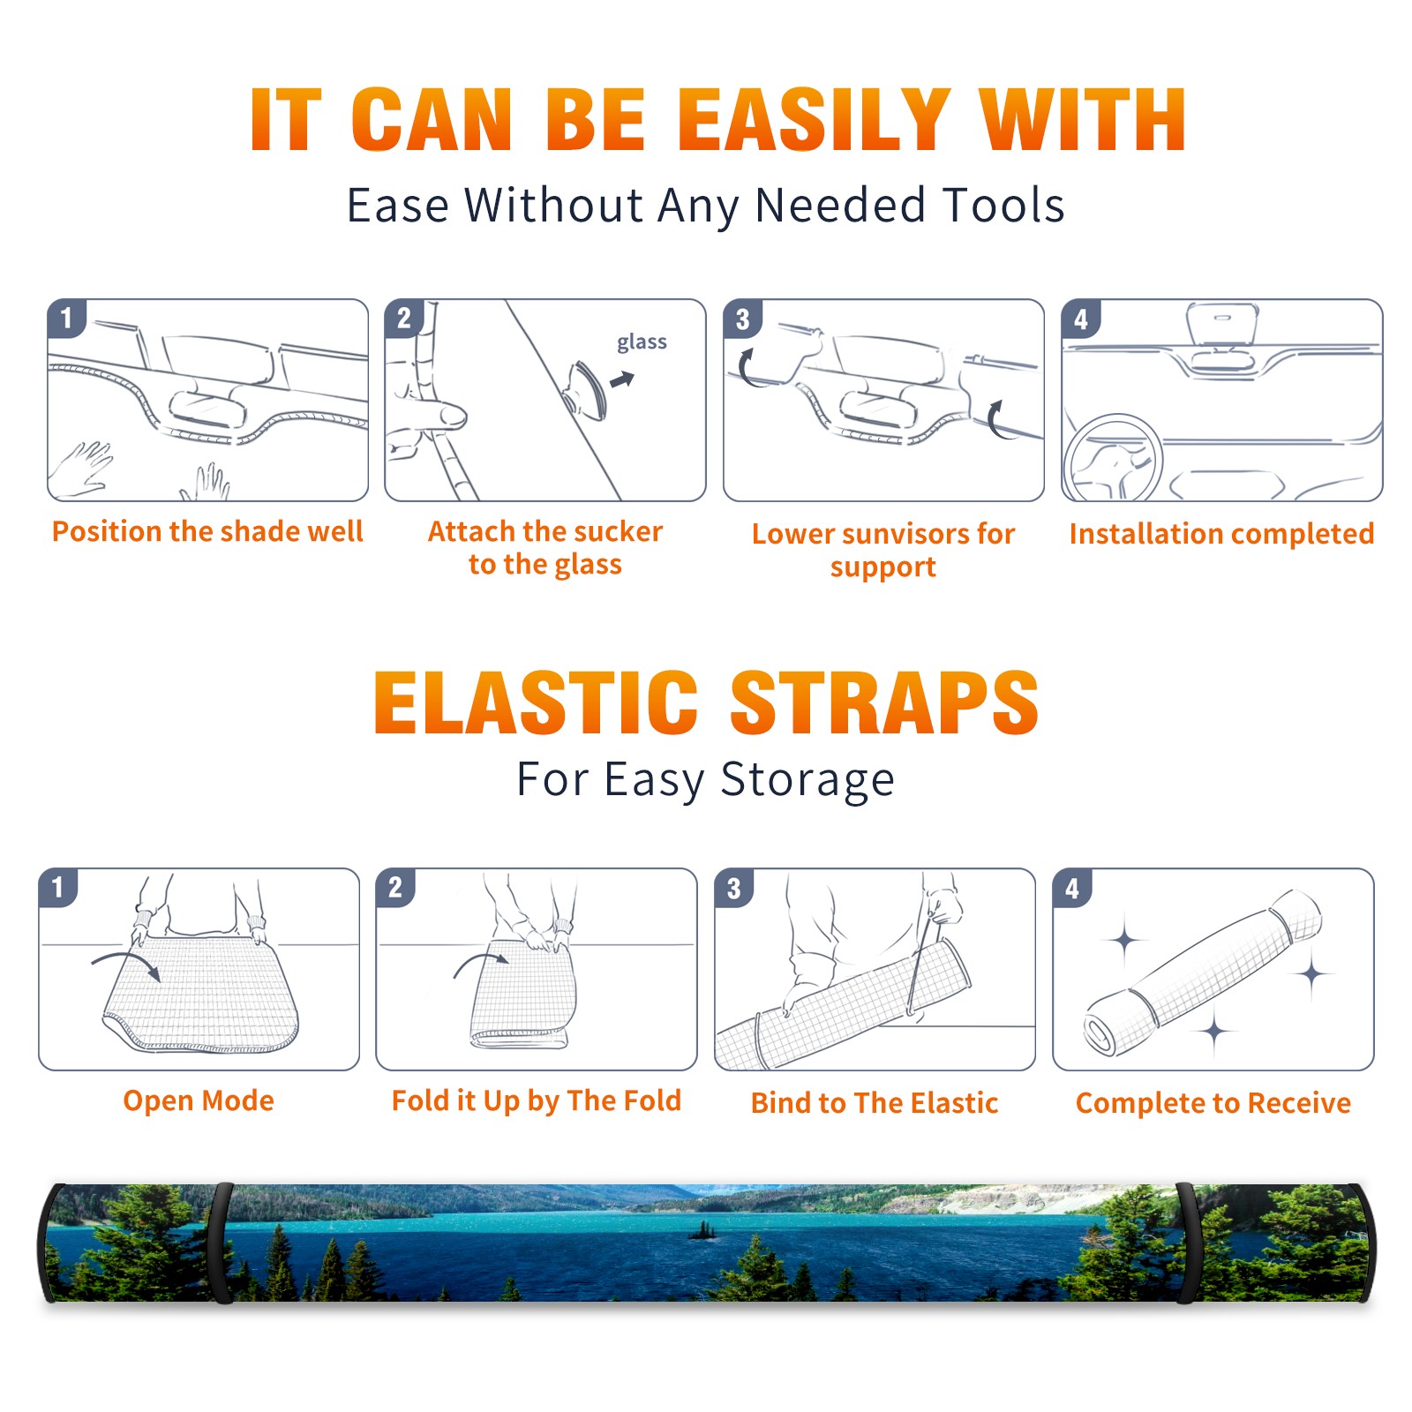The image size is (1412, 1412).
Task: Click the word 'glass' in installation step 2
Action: point(642,342)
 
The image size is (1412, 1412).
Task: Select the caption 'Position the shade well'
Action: point(207,531)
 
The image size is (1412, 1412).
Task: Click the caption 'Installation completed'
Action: point(1221,533)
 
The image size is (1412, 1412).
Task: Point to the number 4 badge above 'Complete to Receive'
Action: point(1072,888)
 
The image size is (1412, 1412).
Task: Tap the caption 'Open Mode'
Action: point(199,1100)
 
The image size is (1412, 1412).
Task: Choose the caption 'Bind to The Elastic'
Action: point(875,1102)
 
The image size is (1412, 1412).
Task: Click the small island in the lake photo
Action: point(702,1230)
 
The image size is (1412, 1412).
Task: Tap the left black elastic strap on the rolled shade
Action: point(221,1243)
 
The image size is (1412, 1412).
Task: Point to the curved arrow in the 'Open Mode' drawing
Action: point(124,957)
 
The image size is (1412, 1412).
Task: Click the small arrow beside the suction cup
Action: point(622,380)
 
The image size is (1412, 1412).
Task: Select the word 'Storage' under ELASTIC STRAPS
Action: point(807,780)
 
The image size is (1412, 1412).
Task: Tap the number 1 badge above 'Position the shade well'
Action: point(67,319)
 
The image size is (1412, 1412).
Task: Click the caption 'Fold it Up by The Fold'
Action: point(537,1100)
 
